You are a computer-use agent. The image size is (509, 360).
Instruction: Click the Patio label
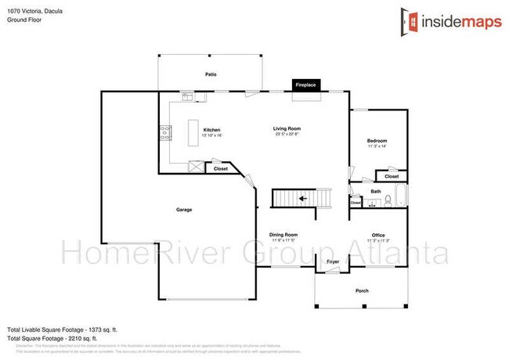(x=211, y=74)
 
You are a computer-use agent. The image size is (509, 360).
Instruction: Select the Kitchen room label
(x=211, y=130)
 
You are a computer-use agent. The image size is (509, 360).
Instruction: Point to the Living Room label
(x=287, y=128)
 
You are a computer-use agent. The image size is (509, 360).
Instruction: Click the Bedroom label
(x=377, y=141)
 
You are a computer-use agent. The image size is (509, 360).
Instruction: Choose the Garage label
(x=184, y=210)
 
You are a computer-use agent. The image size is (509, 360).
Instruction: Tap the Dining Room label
(x=283, y=235)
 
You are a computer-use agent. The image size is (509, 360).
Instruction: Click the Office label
(x=377, y=235)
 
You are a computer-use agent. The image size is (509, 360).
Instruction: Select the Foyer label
(x=332, y=263)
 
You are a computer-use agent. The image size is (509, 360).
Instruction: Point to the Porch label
(x=362, y=291)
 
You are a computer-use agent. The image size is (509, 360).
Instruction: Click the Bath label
(x=376, y=191)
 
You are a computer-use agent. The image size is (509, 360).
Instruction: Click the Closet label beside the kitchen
(x=221, y=168)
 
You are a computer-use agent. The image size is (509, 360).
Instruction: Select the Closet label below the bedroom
(x=392, y=176)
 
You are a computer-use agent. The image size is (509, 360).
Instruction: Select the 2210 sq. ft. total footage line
(x=56, y=337)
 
